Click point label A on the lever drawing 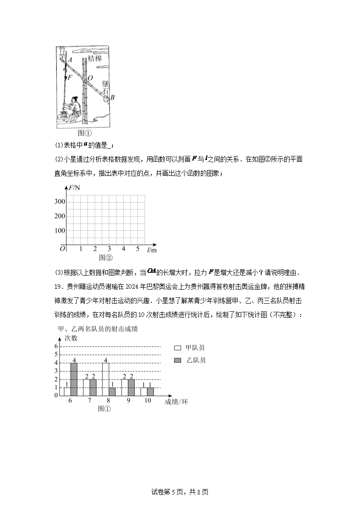pos(69,59)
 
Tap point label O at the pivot pos(90,78)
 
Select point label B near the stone pos(112,97)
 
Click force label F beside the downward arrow pos(70,78)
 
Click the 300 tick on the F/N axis pos(59,202)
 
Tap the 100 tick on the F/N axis pos(59,230)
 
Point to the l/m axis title pos(152,250)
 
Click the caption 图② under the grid pos(106,257)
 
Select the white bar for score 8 pos(106,379)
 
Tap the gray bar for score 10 pos(151,391)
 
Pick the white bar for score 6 pos(67,391)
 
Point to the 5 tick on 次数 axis pos(56,354)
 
